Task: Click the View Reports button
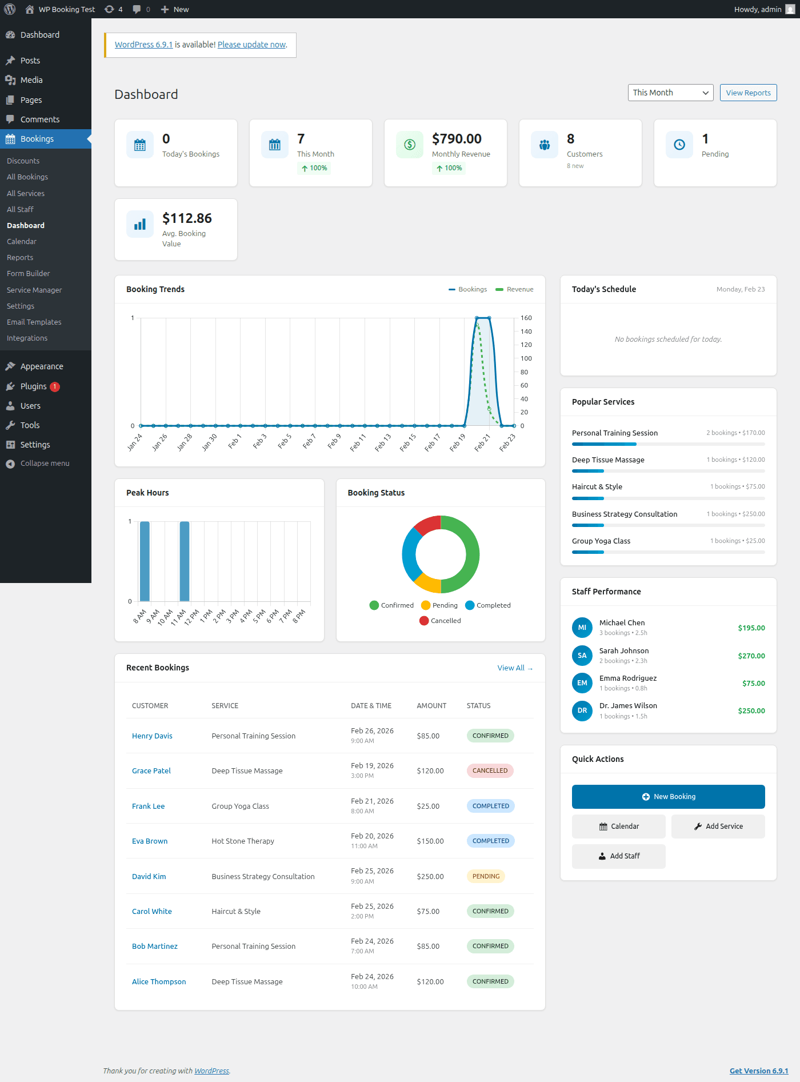pos(748,93)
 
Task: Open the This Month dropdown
pos(670,93)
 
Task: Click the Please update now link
pos(251,45)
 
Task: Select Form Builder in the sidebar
pos(28,274)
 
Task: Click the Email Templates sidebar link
pos(34,322)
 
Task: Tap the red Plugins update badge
pos(55,387)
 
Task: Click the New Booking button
pos(668,797)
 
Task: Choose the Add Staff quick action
pos(618,856)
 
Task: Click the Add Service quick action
pos(718,827)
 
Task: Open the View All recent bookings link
pos(514,668)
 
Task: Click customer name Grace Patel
pos(151,771)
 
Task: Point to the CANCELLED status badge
pos(490,771)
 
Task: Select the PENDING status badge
pos(486,876)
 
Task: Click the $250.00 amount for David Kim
pos(430,877)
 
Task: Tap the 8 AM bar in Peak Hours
pos(145,561)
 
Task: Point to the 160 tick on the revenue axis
pos(526,318)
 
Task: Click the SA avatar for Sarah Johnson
pos(582,656)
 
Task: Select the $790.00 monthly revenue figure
pos(457,139)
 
